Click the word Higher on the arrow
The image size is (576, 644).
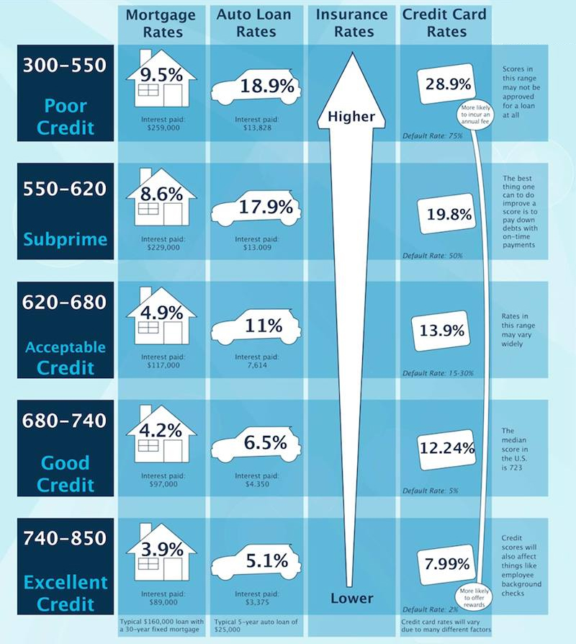(351, 116)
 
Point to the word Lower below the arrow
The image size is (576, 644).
(351, 598)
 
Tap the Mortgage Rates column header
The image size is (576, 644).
(160, 22)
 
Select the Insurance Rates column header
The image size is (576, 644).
(351, 22)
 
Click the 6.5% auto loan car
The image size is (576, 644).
(253, 444)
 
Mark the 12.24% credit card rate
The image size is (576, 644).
(446, 448)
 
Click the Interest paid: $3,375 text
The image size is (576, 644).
(253, 599)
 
